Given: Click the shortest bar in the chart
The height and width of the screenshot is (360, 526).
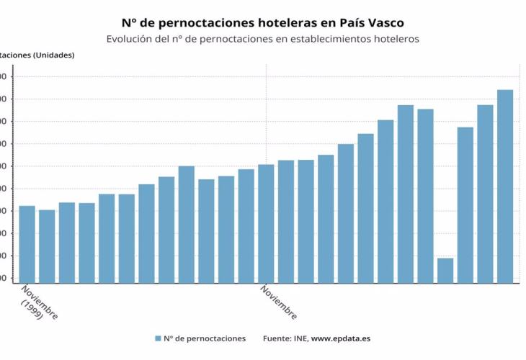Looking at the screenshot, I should pos(445,270).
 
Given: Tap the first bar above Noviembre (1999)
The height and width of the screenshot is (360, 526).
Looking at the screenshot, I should pos(27,244).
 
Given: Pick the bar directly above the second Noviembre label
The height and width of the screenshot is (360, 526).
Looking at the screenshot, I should pos(266,223).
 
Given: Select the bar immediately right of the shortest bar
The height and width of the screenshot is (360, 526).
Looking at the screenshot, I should pos(465,204).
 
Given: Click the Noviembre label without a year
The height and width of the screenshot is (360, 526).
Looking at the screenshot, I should pos(279,303).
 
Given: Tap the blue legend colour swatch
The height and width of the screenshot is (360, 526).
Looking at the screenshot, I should pos(156,338).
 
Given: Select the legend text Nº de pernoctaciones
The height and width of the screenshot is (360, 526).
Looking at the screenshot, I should pos(205,338).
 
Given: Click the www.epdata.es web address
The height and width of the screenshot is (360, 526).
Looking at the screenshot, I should pos(341,338).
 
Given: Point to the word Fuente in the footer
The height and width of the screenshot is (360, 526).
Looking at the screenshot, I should pos(277,338).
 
